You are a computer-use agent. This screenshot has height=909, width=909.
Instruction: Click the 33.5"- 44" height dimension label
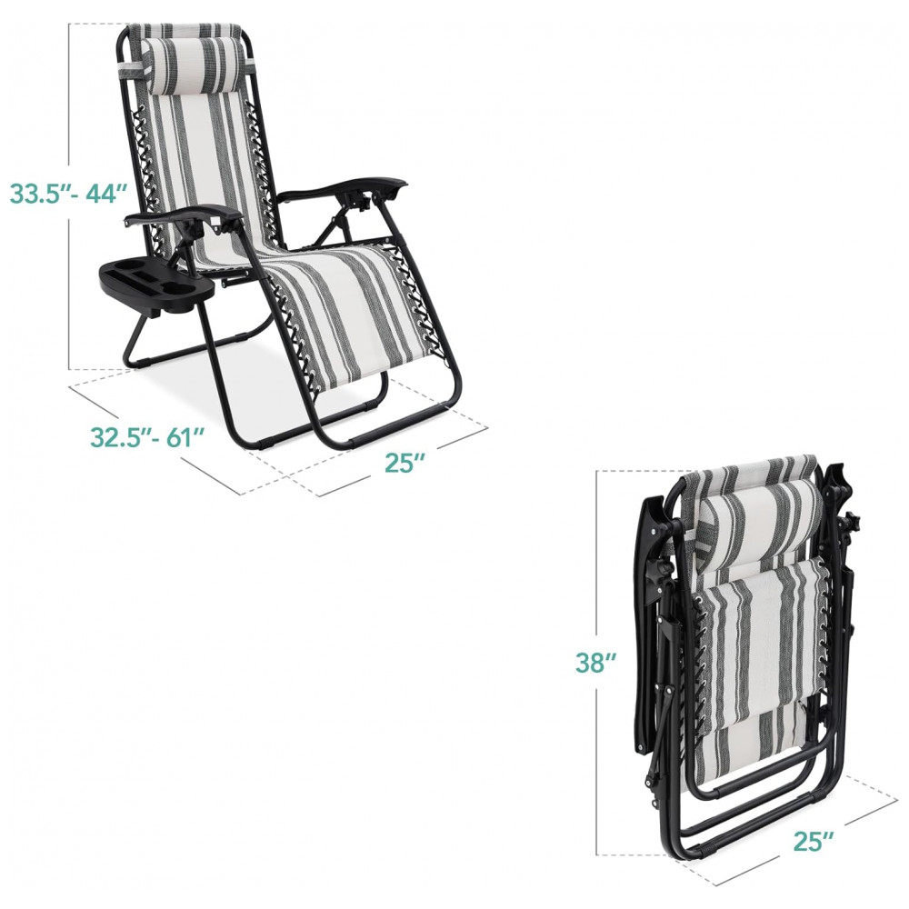(x=68, y=193)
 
